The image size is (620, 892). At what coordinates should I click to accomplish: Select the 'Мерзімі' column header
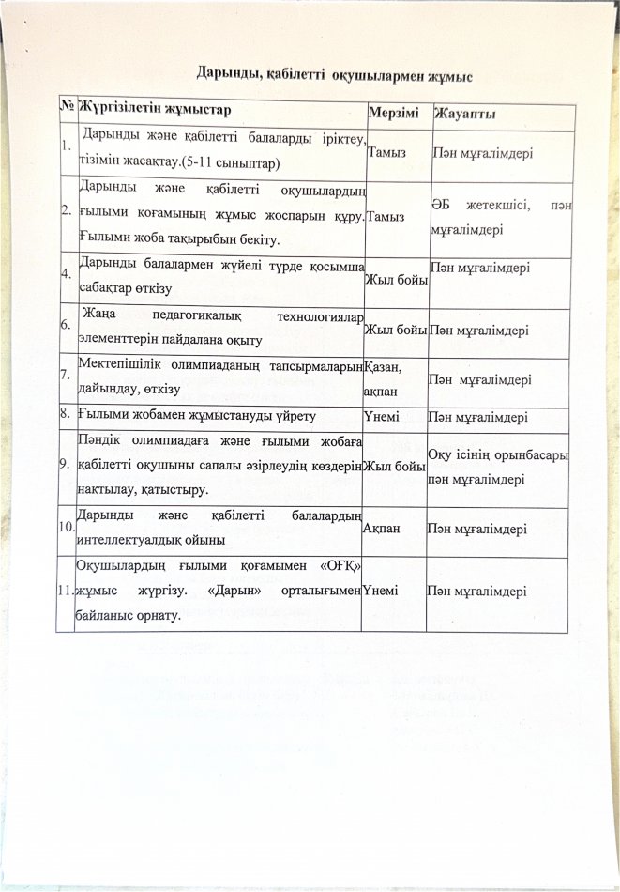point(394,113)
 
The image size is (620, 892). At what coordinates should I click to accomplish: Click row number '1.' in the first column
point(64,146)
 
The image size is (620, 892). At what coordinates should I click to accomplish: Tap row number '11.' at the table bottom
point(66,591)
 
